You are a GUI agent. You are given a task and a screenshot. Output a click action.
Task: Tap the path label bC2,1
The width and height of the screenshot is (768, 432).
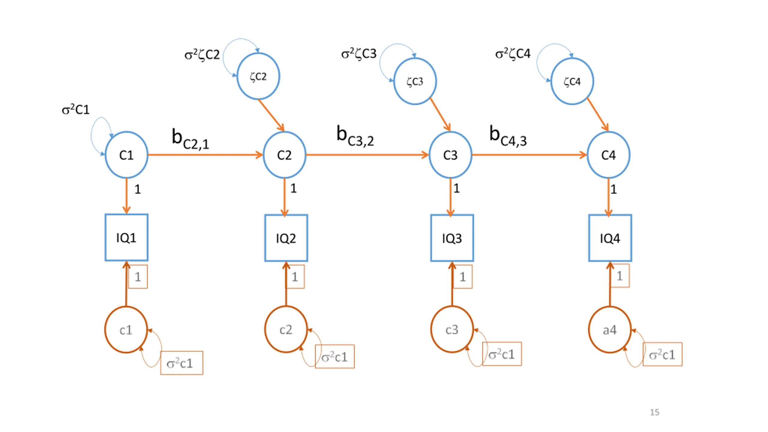(x=190, y=139)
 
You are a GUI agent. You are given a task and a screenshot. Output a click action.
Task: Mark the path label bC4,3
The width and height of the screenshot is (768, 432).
(x=508, y=136)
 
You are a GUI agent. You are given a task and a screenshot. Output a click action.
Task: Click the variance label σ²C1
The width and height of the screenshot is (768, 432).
(x=76, y=109)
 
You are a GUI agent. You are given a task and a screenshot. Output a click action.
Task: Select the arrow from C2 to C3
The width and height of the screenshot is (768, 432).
(x=367, y=155)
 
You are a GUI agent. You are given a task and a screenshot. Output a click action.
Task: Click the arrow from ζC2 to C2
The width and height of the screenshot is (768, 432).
(x=271, y=115)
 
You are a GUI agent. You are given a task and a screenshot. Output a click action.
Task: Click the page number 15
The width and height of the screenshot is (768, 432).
(x=655, y=412)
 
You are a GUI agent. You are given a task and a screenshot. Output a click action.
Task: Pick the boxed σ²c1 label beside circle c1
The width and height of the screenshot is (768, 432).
(x=181, y=363)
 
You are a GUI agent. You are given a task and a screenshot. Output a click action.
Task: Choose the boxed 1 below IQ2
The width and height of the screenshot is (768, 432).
(x=295, y=276)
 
